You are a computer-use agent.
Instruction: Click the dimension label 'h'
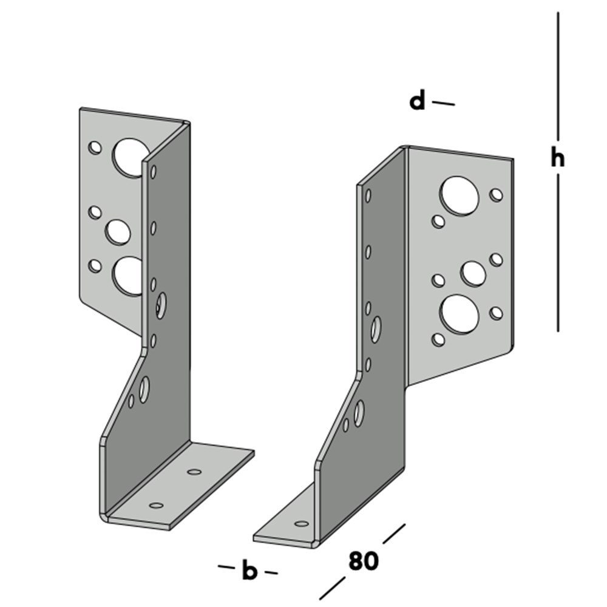(x=557, y=158)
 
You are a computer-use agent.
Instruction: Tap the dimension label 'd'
(x=417, y=101)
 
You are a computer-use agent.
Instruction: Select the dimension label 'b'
(x=249, y=571)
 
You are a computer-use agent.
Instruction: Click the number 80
(x=363, y=561)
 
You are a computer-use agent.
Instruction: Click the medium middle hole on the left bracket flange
(x=118, y=231)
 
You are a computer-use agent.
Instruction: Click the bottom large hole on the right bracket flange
(x=459, y=314)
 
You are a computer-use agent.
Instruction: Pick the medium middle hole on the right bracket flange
(x=473, y=273)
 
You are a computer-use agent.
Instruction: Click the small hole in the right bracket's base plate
(x=301, y=523)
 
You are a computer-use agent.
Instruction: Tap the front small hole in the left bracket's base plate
(x=156, y=505)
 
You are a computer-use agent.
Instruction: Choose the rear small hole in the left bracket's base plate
(x=194, y=472)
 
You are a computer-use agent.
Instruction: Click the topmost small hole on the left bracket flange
(x=95, y=148)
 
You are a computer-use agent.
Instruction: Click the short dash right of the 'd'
(x=443, y=104)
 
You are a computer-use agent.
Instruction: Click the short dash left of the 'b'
(x=226, y=568)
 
